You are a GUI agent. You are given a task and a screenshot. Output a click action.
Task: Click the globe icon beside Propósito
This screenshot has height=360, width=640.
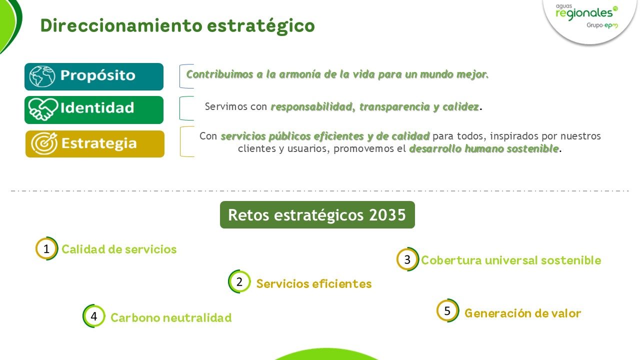coord(42,76)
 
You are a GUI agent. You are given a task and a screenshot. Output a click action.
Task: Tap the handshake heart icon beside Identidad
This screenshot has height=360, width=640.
coord(42,109)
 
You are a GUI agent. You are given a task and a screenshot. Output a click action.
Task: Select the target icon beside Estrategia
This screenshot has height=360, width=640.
coord(44,143)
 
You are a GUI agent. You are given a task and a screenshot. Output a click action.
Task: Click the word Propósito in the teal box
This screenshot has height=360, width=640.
coord(98,76)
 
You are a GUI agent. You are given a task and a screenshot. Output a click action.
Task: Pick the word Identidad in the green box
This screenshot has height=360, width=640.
coord(97,108)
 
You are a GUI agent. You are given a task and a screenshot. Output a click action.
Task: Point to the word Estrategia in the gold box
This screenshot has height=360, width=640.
coord(99,143)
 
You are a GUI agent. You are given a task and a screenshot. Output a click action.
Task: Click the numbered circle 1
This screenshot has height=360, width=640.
coord(46,248)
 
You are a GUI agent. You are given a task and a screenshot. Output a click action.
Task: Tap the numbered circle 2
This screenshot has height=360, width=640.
coord(239,282)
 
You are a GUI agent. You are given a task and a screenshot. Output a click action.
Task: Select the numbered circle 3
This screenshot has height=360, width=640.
coord(407,259)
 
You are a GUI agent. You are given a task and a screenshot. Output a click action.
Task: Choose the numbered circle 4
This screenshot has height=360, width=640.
coord(93,316)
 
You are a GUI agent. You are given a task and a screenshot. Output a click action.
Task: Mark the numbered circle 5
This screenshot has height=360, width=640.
coord(447,311)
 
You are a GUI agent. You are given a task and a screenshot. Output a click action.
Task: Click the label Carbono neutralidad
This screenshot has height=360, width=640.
coord(171,317)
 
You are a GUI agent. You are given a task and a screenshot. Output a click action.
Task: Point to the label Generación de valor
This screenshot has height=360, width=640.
coord(522,313)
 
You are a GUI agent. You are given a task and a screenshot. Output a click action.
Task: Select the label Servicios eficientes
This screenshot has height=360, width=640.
coord(314,284)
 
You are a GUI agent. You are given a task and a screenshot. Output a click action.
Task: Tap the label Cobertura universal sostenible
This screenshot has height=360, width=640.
coord(511,260)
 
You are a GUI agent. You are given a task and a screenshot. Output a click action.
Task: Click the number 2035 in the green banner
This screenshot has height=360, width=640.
coord(387,215)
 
